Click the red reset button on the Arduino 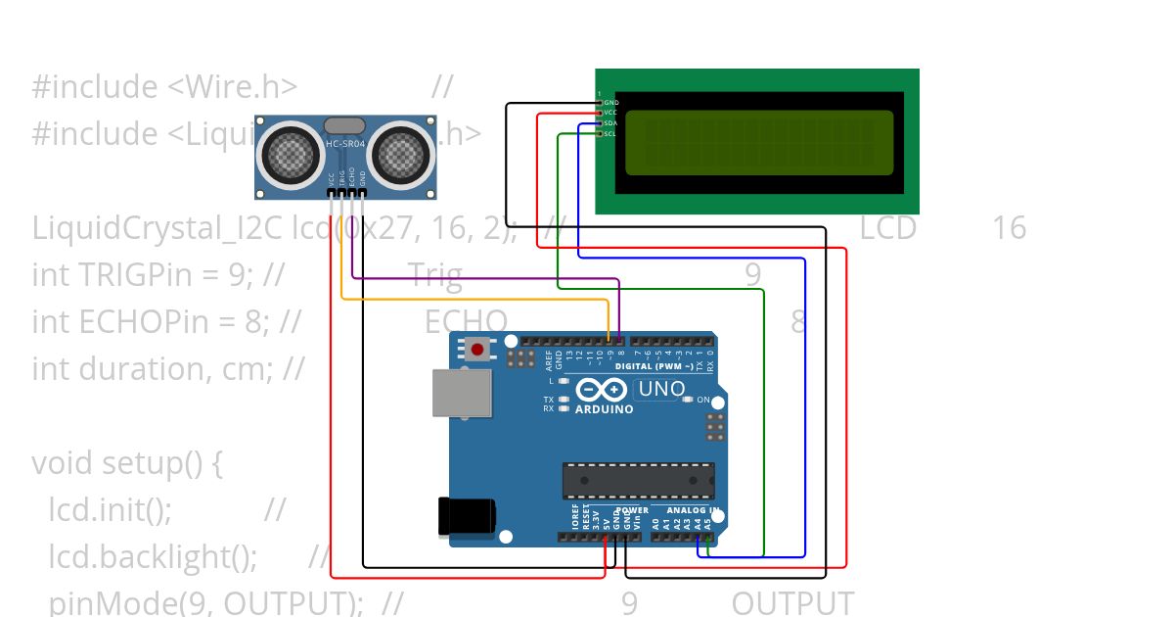pyautogui.click(x=478, y=349)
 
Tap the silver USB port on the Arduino pyautogui.click(x=462, y=392)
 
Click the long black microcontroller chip pyautogui.click(x=638, y=481)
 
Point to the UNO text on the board pyautogui.click(x=661, y=389)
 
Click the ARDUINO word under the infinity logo pyautogui.click(x=604, y=409)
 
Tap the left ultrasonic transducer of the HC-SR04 pyautogui.click(x=289, y=152)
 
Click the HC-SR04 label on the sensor pyautogui.click(x=343, y=146)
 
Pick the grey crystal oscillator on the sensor pyautogui.click(x=343, y=125)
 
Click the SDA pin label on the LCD pyautogui.click(x=610, y=123)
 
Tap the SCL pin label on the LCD pyautogui.click(x=610, y=134)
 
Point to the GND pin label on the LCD pyautogui.click(x=610, y=103)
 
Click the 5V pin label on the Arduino pyautogui.click(x=607, y=521)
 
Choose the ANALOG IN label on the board pyautogui.click(x=694, y=510)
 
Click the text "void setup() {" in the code pyautogui.click(x=127, y=462)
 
